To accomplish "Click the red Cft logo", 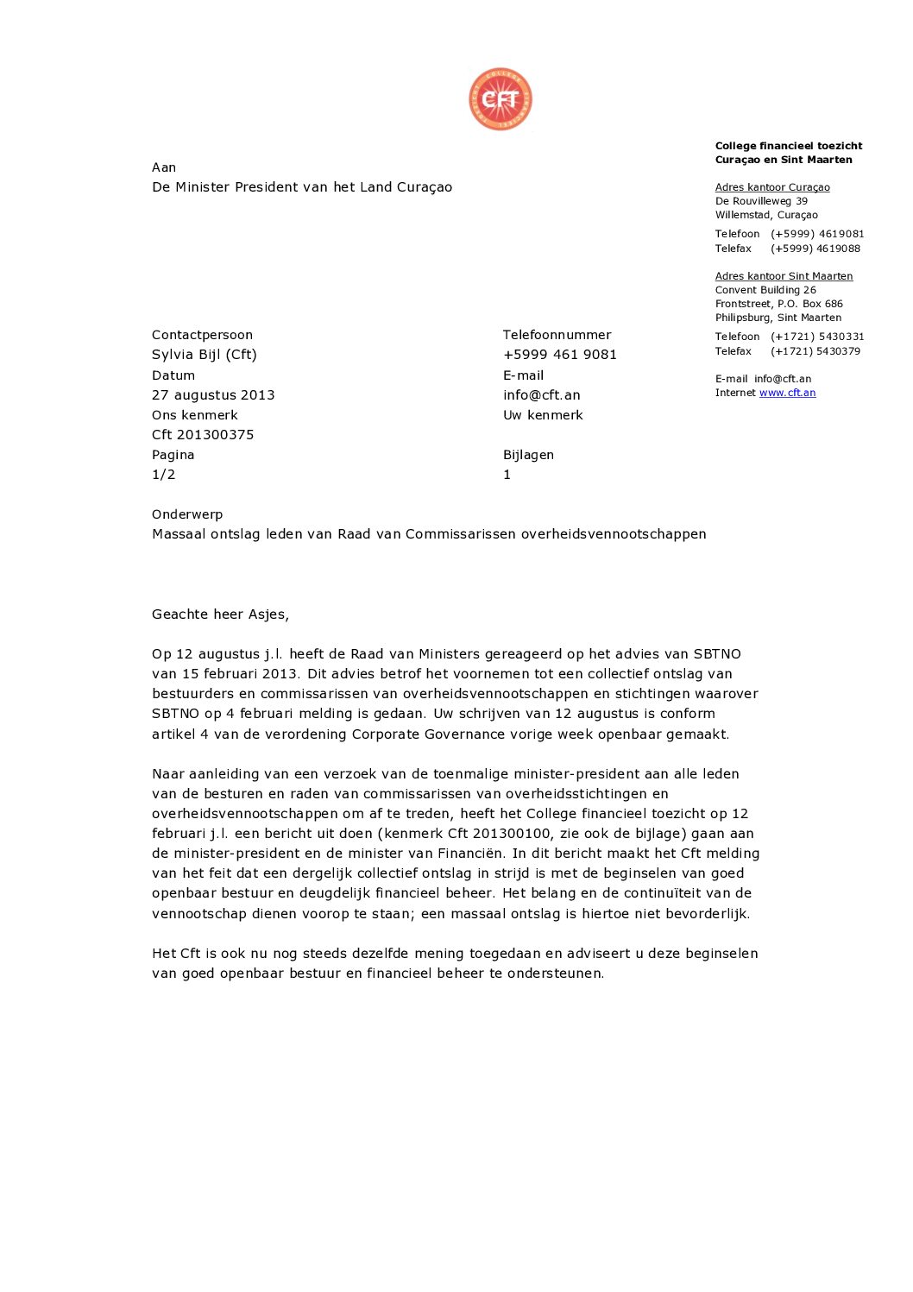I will pos(501,99).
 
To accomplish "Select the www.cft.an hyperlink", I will pos(787,393).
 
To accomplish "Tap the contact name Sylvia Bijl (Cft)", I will pos(205,355).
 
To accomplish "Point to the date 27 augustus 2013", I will pos(213,395).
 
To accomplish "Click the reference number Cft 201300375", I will pos(203,435).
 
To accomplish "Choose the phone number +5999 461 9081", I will pos(560,355).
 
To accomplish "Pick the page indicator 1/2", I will pos(164,475).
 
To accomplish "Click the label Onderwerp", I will pos(187,514).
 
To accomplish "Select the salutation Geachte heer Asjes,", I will pos(220,614).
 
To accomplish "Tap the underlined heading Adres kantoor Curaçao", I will pos(772,187).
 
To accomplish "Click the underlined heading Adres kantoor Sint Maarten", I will pos(784,276).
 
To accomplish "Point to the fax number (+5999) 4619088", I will pos(815,249).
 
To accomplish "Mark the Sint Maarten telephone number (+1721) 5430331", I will pos(817,337).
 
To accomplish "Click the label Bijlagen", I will pos(528,455).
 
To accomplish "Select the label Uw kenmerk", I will pos(543,415).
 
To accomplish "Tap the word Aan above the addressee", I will pos(164,167).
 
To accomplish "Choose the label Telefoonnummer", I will pos(557,335).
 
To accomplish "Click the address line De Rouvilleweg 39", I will pos(761,201).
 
